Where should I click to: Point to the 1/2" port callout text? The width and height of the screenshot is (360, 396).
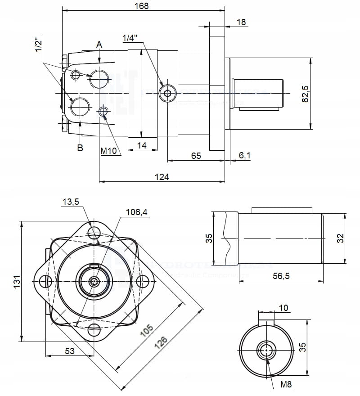pyautogui.click(x=39, y=45)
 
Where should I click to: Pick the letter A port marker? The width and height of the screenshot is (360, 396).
pyautogui.click(x=99, y=45)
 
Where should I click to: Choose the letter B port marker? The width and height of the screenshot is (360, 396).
pyautogui.click(x=80, y=148)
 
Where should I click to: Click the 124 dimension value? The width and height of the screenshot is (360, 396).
pyautogui.click(x=162, y=177)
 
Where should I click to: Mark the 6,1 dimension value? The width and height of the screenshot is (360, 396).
pyautogui.click(x=244, y=156)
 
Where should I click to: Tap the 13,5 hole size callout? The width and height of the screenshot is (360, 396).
pyautogui.click(x=70, y=202)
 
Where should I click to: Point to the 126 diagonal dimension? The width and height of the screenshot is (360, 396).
pyautogui.click(x=161, y=346)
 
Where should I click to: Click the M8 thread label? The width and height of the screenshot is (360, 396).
pyautogui.click(x=286, y=384)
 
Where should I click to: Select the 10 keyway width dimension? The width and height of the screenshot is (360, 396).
pyautogui.click(x=283, y=308)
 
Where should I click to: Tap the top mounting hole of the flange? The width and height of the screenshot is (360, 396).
pyautogui.click(x=94, y=233)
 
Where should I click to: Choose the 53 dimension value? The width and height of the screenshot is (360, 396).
pyautogui.click(x=70, y=351)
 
